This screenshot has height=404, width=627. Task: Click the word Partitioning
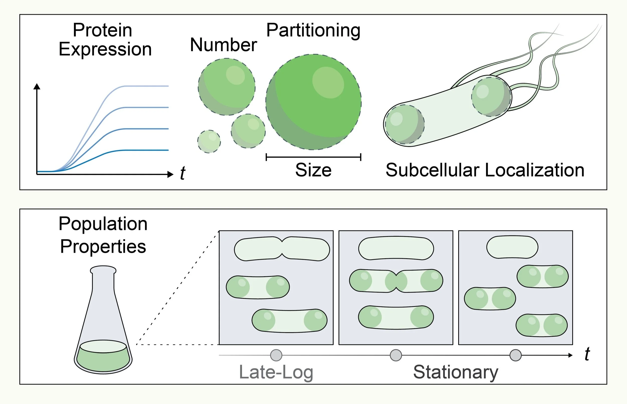[313, 31]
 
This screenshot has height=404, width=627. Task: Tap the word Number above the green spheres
[223, 45]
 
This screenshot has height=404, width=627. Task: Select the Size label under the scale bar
[313, 170]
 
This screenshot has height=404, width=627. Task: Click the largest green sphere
[314, 102]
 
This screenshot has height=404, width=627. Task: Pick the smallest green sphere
[209, 142]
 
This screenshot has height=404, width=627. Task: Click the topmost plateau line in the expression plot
[147, 86]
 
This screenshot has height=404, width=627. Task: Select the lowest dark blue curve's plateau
[147, 150]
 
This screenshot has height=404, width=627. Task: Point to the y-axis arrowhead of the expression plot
[37, 86]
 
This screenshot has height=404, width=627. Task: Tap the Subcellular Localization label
[485, 170]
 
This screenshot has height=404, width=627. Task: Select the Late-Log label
[276, 372]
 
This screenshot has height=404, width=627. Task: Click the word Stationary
[456, 372]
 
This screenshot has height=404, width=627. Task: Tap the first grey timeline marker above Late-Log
[276, 355]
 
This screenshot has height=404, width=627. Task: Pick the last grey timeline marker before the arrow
[515, 355]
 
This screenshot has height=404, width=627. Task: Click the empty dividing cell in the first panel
[282, 249]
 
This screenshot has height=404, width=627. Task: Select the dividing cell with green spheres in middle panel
[396, 281]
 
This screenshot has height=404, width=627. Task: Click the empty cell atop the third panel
[512, 247]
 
